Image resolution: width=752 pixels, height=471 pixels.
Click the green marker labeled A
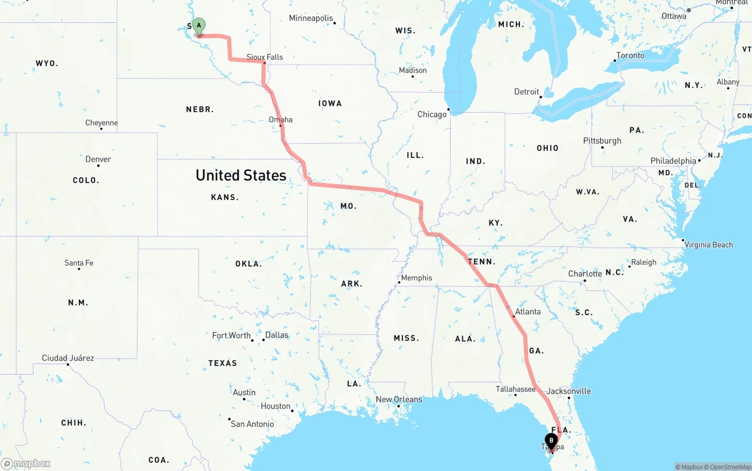click(x=199, y=25)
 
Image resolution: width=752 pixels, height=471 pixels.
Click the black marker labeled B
click(x=551, y=440)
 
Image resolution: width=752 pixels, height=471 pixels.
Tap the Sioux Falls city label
click(x=264, y=57)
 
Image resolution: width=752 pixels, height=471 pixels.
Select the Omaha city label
click(x=280, y=120)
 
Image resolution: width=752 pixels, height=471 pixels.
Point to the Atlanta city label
click(x=528, y=311)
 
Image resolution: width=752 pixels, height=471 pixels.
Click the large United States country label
click(x=241, y=175)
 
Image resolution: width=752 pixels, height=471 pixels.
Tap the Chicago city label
click(x=432, y=114)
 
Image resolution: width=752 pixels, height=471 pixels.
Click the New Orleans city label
click(x=399, y=399)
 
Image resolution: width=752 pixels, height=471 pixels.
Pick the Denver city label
click(x=98, y=159)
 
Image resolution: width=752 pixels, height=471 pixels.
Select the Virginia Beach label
click(x=709, y=245)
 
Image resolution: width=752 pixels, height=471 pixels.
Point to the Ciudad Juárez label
click(x=68, y=358)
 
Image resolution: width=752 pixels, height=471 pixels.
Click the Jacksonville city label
click(x=569, y=391)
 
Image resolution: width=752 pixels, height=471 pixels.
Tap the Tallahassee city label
click(x=515, y=389)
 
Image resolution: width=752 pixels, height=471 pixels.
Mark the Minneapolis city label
click(x=311, y=18)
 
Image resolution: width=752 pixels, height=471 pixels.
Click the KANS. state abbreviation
click(x=224, y=197)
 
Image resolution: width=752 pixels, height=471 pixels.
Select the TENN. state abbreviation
click(x=482, y=262)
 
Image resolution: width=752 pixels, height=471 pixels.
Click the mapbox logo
click(x=26, y=463)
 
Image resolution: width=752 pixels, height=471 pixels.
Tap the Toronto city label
click(x=630, y=56)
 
